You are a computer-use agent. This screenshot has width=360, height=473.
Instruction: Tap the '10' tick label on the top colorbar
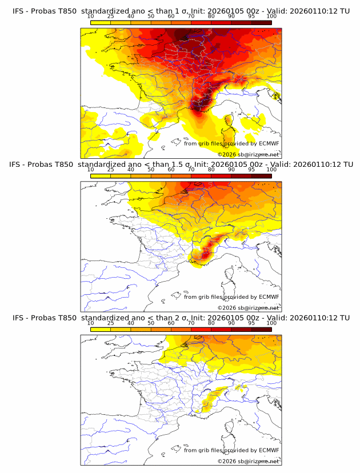(91, 17)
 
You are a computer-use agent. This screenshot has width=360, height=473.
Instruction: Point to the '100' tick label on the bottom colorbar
(271, 323)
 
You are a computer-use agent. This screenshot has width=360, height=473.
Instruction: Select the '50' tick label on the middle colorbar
(151, 170)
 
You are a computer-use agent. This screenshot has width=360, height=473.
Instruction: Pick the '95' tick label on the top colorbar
(251, 17)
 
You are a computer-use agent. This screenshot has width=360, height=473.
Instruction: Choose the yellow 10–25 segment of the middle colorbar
(101, 175)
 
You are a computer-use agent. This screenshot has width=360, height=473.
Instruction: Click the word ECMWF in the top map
(269, 144)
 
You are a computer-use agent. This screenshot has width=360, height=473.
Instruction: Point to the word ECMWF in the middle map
(269, 297)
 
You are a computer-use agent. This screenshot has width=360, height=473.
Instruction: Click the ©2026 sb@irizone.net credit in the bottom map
(249, 461)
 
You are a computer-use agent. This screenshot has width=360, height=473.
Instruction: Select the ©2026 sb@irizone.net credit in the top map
(249, 155)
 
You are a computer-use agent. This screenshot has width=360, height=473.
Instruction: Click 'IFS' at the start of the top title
(18, 11)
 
